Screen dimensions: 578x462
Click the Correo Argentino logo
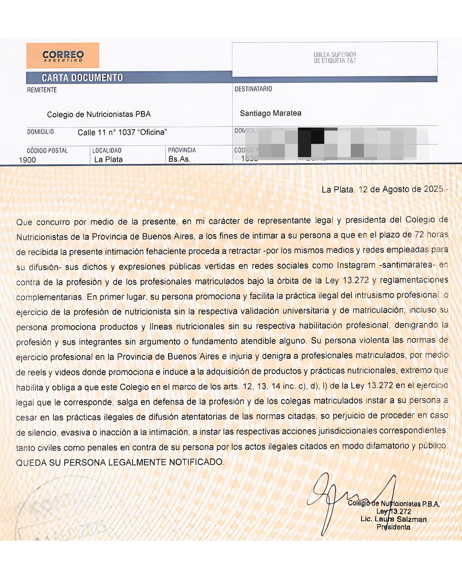(x=63, y=56)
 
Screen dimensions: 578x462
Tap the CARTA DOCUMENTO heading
(x=82, y=77)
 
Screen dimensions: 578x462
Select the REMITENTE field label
(x=42, y=90)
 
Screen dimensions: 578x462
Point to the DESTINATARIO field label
(x=253, y=89)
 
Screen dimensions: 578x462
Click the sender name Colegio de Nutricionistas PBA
(x=99, y=114)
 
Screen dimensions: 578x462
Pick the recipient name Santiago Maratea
(x=270, y=113)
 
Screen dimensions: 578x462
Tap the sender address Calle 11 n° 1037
(x=122, y=132)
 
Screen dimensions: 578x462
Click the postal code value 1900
(x=27, y=160)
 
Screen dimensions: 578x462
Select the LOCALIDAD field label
(x=107, y=150)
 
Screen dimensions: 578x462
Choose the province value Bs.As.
(x=179, y=159)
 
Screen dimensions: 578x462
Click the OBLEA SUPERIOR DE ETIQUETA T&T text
(x=335, y=58)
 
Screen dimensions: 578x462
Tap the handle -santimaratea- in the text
(x=407, y=265)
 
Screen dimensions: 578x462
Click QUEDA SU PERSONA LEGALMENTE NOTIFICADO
(x=120, y=462)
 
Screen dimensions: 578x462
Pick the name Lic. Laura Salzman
(x=394, y=519)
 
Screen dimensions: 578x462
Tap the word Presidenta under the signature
(x=393, y=527)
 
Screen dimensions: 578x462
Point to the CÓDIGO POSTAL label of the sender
(x=47, y=151)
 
